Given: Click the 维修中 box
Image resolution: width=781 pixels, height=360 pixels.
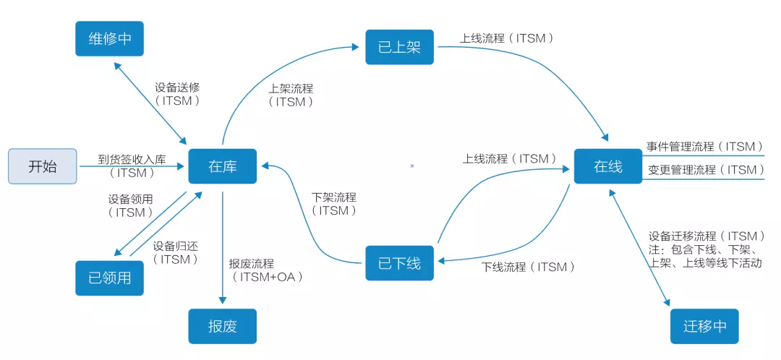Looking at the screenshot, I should pyautogui.click(x=110, y=38).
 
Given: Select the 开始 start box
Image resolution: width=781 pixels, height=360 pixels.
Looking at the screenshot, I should pyautogui.click(x=42, y=166).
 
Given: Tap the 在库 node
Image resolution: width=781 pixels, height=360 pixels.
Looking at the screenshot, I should pyautogui.click(x=222, y=166).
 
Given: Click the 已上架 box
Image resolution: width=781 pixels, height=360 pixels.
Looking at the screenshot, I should pyautogui.click(x=399, y=47).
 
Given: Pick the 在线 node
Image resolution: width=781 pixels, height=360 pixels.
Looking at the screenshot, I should pyautogui.click(x=607, y=166).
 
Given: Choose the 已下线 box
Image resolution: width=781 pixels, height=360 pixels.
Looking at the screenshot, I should pyautogui.click(x=399, y=262).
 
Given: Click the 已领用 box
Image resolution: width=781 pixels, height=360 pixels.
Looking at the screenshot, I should pyautogui.click(x=110, y=278).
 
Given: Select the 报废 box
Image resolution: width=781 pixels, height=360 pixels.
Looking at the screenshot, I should pyautogui.click(x=222, y=326).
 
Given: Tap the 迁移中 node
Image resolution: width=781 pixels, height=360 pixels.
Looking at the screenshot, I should pyautogui.click(x=704, y=326).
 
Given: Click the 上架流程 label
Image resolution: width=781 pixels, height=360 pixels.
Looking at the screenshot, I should pyautogui.click(x=291, y=88).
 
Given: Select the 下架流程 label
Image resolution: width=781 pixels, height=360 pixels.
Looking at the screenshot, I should pyautogui.click(x=334, y=197).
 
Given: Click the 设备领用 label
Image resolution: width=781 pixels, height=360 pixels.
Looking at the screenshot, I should pyautogui.click(x=131, y=199).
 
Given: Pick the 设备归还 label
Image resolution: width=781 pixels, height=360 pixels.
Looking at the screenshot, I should pyautogui.click(x=176, y=246).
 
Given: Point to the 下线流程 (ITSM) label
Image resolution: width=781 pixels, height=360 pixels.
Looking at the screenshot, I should pyautogui.click(x=529, y=267).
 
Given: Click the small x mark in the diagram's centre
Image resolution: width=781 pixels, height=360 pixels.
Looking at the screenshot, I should pyautogui.click(x=412, y=166).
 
